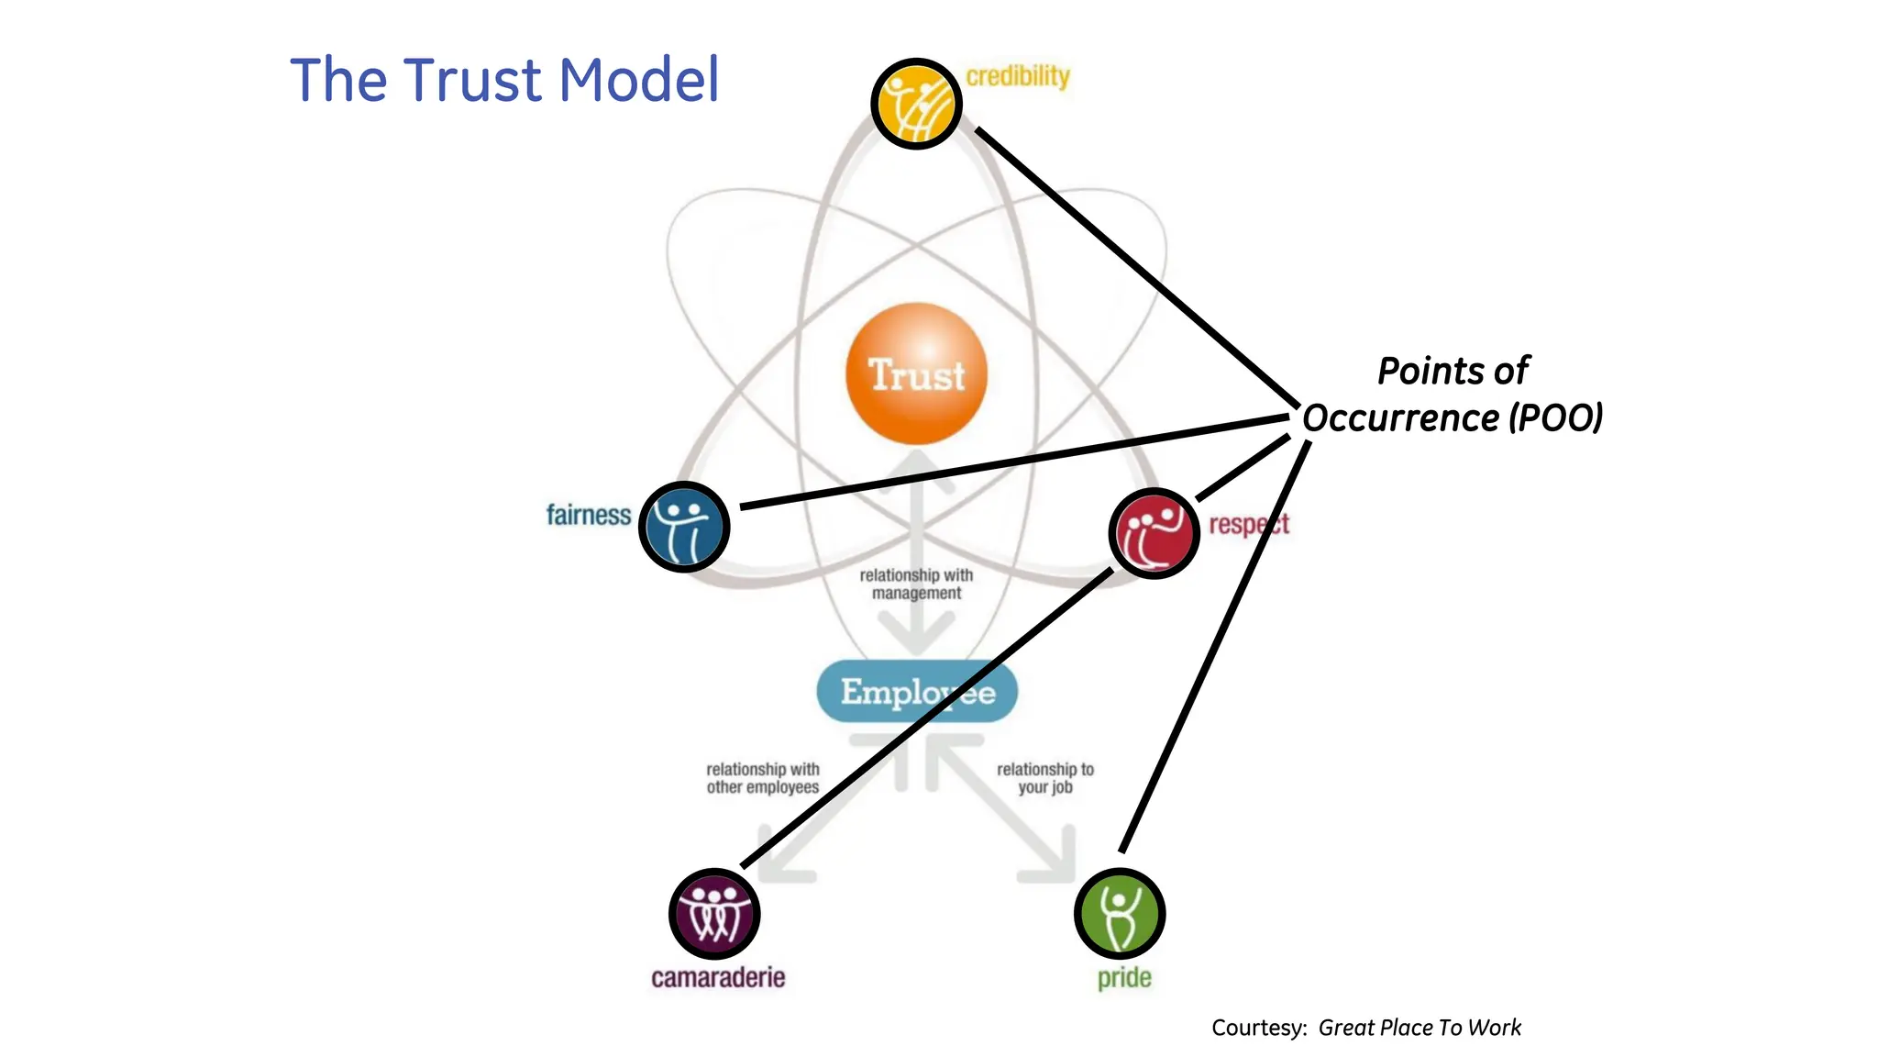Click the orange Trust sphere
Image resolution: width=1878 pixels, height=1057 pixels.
(x=916, y=373)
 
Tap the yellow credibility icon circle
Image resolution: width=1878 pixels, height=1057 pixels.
(x=916, y=103)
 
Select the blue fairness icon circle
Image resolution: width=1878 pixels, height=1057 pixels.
(x=684, y=527)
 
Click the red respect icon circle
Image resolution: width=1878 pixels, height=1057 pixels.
(x=1154, y=533)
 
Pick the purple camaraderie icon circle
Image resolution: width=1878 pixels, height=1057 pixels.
(x=714, y=914)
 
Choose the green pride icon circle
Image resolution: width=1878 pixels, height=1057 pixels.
(x=1119, y=914)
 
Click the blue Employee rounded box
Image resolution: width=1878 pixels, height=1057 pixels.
(x=917, y=692)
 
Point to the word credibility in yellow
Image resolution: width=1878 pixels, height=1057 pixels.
(x=1018, y=76)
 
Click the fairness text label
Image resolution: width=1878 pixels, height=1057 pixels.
(x=588, y=516)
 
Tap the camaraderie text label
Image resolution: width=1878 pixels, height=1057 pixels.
(x=718, y=978)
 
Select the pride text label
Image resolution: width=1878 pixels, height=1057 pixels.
(x=1124, y=978)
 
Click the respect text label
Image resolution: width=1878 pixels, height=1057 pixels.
(x=1249, y=525)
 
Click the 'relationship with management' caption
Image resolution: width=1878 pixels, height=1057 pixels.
(x=916, y=584)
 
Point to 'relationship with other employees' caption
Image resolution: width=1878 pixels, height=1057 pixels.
(x=762, y=778)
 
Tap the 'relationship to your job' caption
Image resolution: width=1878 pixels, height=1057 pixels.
(x=1045, y=778)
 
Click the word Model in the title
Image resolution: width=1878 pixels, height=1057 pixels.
(x=639, y=80)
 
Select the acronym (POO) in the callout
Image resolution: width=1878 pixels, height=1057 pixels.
(x=1556, y=418)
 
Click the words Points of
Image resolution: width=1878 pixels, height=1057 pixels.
(x=1453, y=372)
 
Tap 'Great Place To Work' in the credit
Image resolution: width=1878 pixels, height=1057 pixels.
(x=1420, y=1028)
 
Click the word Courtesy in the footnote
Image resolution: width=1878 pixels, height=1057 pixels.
(x=1258, y=1028)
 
